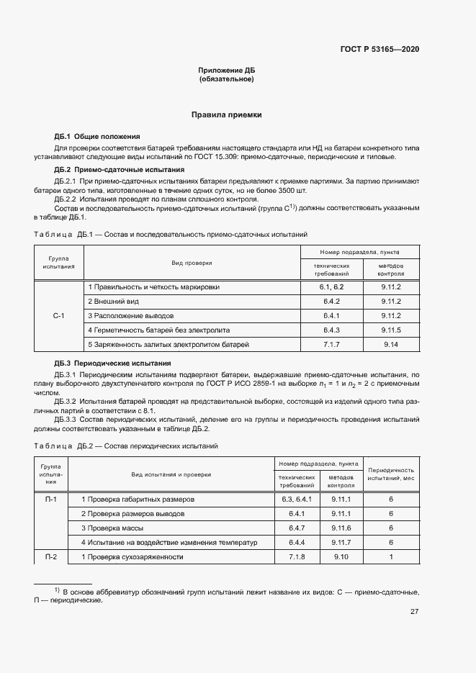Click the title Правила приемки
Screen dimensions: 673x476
pos(226,114)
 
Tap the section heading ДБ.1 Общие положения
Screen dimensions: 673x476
pos(96,137)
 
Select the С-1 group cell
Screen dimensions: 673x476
pos(59,316)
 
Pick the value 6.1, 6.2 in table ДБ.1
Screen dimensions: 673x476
pos(332,286)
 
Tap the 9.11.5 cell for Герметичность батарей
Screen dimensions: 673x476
pos(391,330)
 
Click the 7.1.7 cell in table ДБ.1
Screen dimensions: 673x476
pos(332,345)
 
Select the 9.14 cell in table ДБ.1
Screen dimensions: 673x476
pos(391,345)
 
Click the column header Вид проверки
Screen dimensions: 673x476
pos(192,263)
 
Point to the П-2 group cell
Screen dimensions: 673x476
pos(51,557)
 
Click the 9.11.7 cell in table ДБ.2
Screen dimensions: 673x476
pos(341,542)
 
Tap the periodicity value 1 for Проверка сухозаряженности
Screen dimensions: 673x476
pos(390,557)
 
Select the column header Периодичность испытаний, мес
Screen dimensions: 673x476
pos(390,474)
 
